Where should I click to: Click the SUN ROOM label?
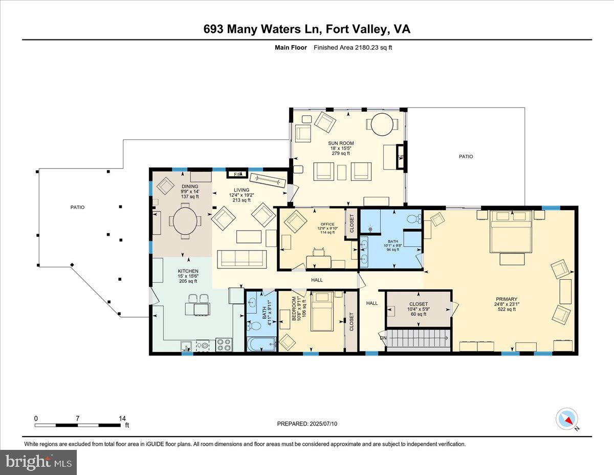341,143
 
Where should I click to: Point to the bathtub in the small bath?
261,343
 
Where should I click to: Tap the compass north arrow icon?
566,419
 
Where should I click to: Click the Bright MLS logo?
39,462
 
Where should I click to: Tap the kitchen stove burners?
224,344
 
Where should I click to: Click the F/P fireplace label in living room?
237,175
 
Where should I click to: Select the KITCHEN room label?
188,271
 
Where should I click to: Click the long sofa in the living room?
242,258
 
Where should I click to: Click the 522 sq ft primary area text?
506,309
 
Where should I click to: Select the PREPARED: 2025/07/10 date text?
307,424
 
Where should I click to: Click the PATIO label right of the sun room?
466,156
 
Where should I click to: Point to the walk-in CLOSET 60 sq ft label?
418,304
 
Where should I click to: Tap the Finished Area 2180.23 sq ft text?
353,48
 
